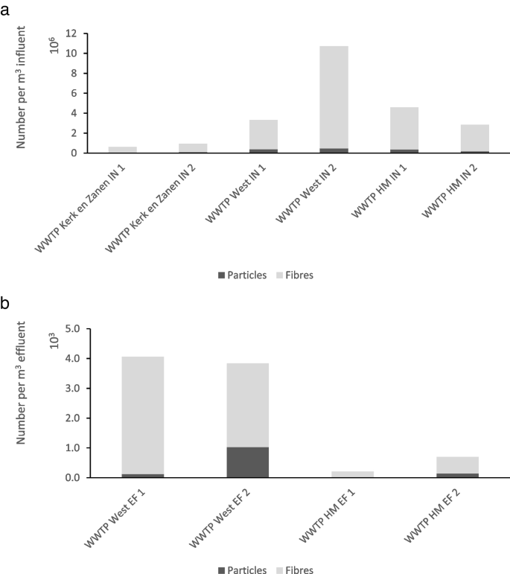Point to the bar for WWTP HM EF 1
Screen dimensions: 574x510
click(x=353, y=474)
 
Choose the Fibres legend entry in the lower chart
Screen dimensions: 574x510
click(x=295, y=570)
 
